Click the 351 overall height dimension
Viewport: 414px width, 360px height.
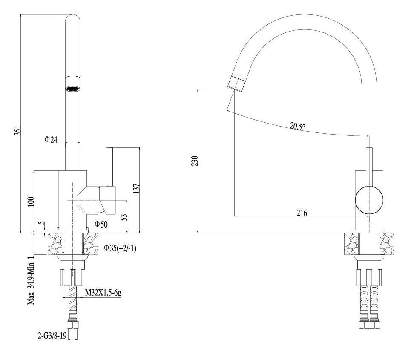17,130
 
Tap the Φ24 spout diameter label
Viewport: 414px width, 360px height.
51,139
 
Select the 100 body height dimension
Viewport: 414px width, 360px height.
31,202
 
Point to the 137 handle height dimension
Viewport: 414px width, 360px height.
136,189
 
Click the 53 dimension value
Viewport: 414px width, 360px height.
124,217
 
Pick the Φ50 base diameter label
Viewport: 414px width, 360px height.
101,225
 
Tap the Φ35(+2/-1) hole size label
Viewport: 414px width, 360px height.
120,248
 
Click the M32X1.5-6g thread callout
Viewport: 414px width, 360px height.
103,293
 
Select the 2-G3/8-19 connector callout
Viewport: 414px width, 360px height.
52,336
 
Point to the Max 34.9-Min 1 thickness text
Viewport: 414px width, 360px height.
31,280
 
